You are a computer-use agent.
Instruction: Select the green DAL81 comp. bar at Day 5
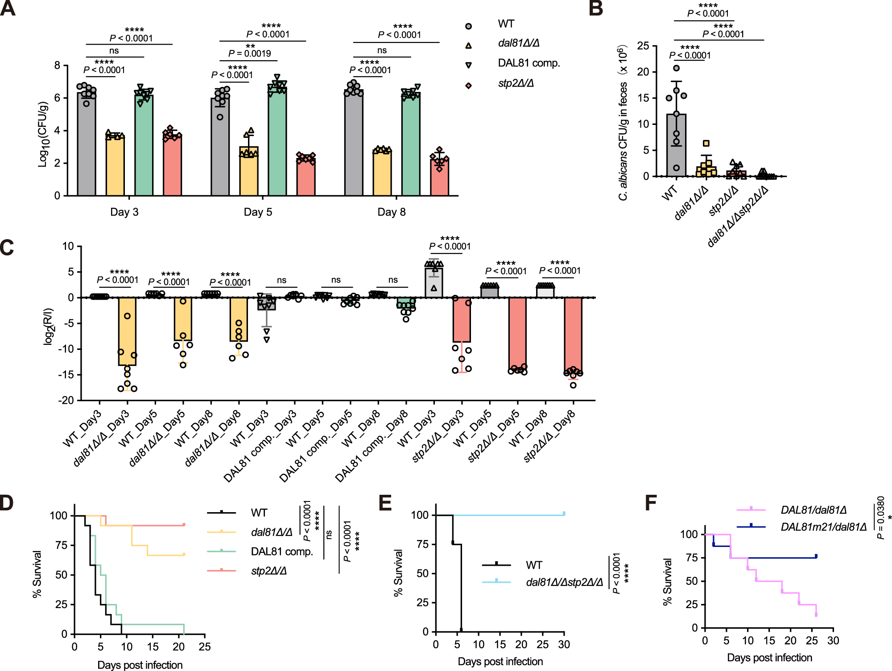point(277,143)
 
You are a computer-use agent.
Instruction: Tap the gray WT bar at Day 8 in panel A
point(354,143)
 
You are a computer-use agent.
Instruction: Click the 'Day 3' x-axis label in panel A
point(124,212)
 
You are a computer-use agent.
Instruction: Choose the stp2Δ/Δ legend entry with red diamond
point(516,83)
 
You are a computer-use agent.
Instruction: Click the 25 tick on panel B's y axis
point(643,46)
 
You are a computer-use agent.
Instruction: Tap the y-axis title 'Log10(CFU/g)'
point(43,134)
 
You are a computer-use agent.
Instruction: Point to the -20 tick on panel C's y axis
point(66,400)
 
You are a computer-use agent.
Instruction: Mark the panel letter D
point(7,503)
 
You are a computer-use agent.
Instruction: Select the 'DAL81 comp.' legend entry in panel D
point(281,551)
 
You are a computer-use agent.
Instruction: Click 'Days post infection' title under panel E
point(500,661)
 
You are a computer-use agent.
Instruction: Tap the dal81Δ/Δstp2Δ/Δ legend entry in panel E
point(564,582)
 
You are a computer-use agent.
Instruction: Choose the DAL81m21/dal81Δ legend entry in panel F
point(823,527)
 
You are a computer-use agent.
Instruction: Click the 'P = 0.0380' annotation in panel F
point(880,518)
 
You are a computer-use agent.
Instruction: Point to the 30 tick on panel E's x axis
point(564,644)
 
